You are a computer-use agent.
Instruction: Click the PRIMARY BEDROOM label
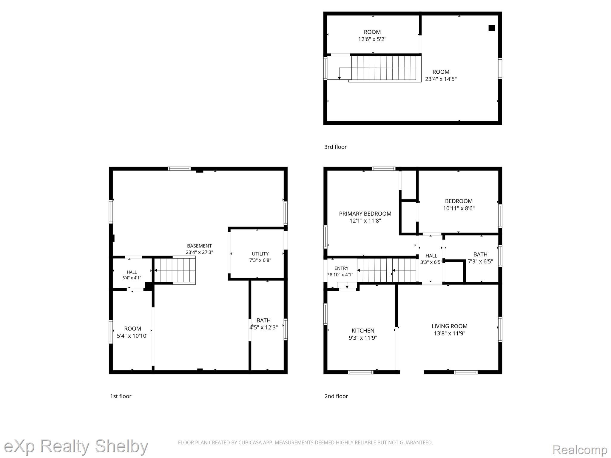click(x=365, y=213)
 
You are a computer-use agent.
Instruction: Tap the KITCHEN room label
click(x=363, y=330)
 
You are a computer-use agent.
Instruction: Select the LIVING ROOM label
click(x=449, y=326)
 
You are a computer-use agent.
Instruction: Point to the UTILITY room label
click(x=260, y=254)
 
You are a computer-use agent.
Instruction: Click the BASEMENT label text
click(x=199, y=246)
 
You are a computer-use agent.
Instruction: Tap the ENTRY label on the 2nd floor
click(x=341, y=268)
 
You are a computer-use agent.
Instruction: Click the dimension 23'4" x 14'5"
click(x=441, y=79)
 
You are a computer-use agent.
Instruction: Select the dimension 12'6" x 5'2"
click(x=372, y=39)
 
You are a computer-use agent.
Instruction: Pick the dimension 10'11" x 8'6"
click(x=459, y=208)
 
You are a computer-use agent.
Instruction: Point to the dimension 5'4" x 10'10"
click(x=132, y=336)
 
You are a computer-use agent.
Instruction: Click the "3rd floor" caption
click(x=335, y=147)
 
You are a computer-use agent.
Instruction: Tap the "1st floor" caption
click(x=121, y=396)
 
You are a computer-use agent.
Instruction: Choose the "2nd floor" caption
click(x=336, y=396)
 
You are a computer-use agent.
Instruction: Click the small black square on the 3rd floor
click(x=492, y=28)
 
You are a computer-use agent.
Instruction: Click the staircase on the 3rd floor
click(x=383, y=68)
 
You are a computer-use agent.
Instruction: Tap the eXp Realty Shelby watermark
click(x=76, y=446)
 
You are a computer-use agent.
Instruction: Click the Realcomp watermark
click(x=580, y=450)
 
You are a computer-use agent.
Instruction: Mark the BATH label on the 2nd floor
click(x=480, y=254)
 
